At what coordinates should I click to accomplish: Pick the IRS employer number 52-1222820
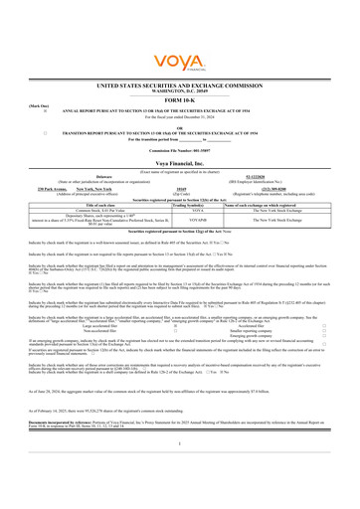(281, 141)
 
